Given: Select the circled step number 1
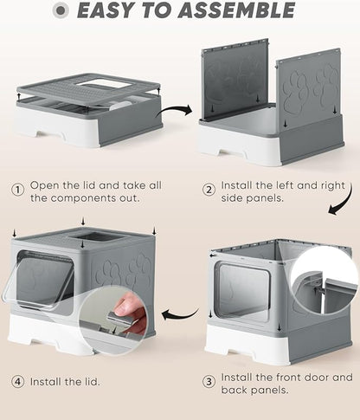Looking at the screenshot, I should point(16,188).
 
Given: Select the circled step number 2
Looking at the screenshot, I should point(209,188).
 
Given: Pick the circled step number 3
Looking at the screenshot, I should point(209,381).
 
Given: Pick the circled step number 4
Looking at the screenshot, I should point(16,381).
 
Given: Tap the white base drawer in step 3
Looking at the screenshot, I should point(260,349).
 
